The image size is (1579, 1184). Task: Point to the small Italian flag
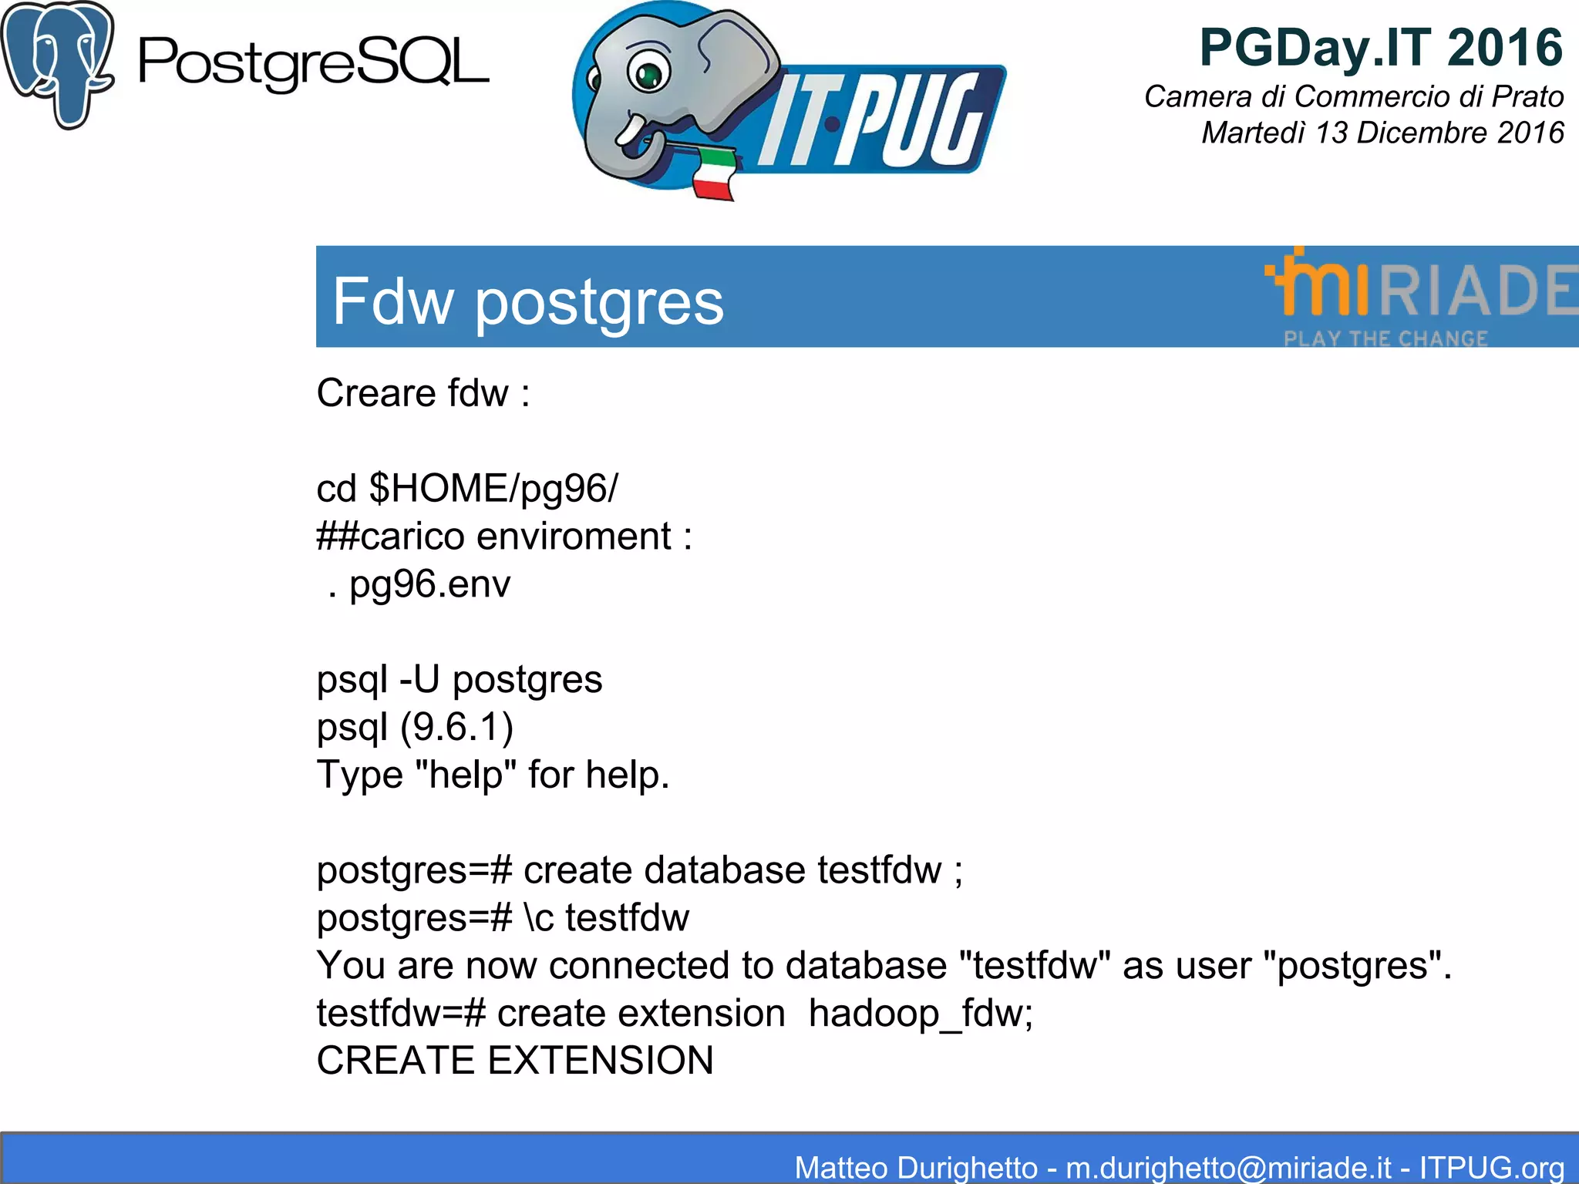click(714, 173)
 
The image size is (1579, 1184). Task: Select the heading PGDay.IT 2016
click(1380, 48)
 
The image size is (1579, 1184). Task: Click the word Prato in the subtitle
click(1527, 97)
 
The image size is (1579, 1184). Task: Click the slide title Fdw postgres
click(528, 301)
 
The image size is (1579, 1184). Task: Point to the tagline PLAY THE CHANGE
click(1385, 338)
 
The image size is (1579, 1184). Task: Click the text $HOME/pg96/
click(493, 489)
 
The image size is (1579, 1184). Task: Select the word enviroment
click(574, 536)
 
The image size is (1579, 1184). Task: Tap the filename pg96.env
click(429, 584)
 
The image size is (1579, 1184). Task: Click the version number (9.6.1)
click(456, 727)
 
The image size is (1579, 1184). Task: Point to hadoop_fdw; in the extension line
click(921, 1014)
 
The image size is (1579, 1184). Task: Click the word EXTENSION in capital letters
click(601, 1061)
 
